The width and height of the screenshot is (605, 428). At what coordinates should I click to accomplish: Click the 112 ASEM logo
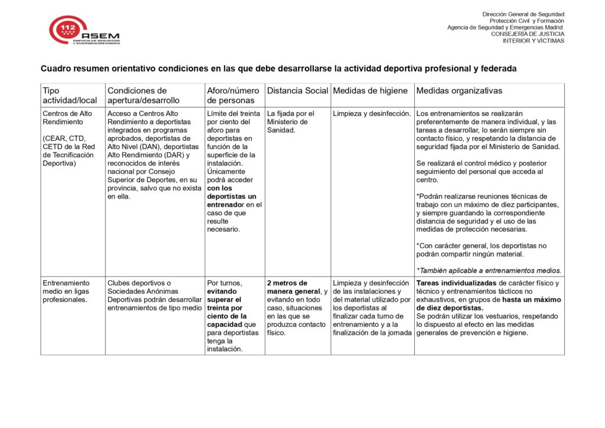click(x=84, y=31)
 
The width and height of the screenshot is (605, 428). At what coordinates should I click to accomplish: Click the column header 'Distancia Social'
click(x=297, y=90)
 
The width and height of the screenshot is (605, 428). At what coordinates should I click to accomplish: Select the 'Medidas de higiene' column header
click(x=370, y=90)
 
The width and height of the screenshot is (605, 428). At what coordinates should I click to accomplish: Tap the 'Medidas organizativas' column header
click(x=459, y=90)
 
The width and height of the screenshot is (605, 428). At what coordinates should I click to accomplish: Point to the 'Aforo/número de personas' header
click(x=233, y=95)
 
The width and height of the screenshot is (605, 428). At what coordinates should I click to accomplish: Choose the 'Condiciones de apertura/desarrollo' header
click(x=144, y=95)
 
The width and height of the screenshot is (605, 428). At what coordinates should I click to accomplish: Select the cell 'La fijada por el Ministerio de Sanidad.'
click(x=291, y=122)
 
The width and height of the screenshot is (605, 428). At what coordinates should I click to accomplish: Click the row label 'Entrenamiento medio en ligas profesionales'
click(x=65, y=291)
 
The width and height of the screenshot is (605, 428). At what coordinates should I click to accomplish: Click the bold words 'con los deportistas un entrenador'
click(x=232, y=196)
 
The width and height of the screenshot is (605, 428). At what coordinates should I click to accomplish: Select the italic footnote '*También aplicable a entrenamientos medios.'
click(x=489, y=271)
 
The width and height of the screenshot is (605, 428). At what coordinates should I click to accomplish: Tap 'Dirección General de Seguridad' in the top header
click(x=523, y=14)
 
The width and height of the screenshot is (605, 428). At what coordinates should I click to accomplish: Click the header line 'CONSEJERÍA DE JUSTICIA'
click(x=527, y=34)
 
